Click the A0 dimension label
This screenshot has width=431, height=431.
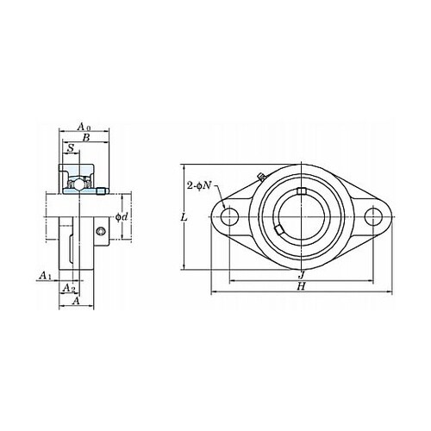pos(84,127)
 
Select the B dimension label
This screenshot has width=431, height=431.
pos(86,138)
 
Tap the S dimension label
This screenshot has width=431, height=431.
pos(71,148)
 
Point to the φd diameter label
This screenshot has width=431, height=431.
pos(122,217)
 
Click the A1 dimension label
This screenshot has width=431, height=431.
pos(46,276)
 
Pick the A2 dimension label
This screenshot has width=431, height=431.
pos(69,287)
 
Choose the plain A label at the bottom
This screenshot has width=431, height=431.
pos(76,301)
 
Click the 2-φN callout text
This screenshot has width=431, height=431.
pos(199,185)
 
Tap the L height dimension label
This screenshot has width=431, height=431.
pos(184,217)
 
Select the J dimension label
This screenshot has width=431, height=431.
pos(301,275)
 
